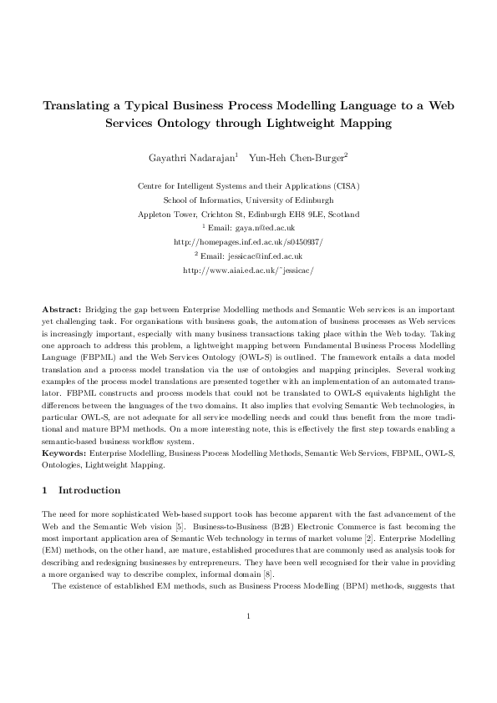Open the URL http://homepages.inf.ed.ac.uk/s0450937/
(248, 242)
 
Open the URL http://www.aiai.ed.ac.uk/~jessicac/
(248, 271)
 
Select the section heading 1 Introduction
(81, 490)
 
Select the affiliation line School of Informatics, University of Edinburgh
(248, 200)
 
